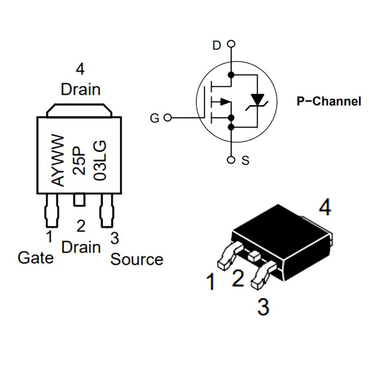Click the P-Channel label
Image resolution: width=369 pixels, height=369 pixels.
coord(329,101)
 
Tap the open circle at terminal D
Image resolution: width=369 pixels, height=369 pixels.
coord(231,44)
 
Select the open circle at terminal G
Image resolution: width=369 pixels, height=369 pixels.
coord(168,117)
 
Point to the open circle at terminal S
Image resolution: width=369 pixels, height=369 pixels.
coord(231,160)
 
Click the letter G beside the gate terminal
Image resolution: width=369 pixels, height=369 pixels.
coord(155,118)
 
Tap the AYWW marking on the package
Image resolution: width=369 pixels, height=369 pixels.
coord(58,160)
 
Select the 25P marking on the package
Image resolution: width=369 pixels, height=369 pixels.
coord(79,161)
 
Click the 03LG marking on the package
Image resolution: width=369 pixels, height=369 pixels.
coord(100,160)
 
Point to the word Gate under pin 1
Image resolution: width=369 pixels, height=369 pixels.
coord(36,258)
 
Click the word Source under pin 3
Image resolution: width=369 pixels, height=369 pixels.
coord(137,260)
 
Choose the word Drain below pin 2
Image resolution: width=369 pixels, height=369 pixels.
coord(81,247)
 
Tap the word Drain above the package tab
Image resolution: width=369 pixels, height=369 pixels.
coord(81,89)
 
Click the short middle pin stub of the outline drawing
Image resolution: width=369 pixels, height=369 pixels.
coord(79,200)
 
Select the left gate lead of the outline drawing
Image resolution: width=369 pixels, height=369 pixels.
coord(52,211)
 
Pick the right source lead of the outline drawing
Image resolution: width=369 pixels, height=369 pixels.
coord(107,211)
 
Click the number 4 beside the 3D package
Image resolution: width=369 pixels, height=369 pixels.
coord(325,207)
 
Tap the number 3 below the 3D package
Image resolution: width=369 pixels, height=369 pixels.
coord(263,307)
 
